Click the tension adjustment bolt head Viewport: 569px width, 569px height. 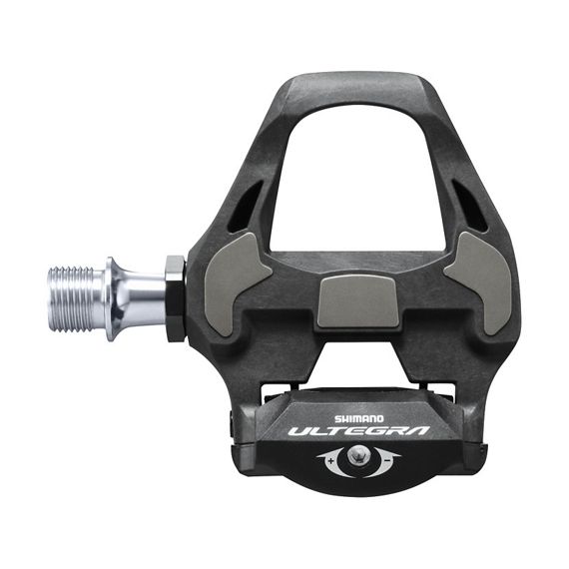coord(355,461)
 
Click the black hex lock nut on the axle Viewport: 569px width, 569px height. coord(175,297)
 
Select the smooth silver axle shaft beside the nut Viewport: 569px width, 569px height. coord(150,296)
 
